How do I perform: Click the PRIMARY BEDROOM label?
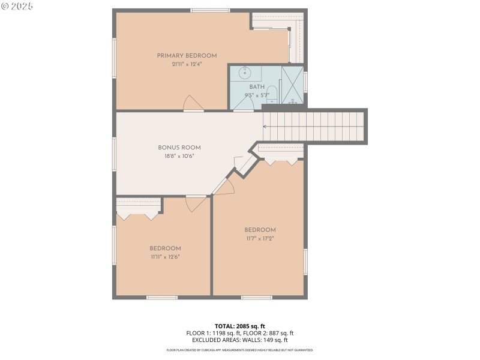pyautogui.click(x=187, y=56)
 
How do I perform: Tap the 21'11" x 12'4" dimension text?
pyautogui.click(x=187, y=64)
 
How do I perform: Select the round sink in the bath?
pyautogui.click(x=245, y=74)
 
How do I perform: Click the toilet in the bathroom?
pyautogui.click(x=271, y=94)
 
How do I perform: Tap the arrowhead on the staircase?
pyautogui.click(x=265, y=127)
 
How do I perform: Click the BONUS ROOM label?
pyautogui.click(x=179, y=148)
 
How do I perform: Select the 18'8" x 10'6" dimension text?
pyautogui.click(x=179, y=155)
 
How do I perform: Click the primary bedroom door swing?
pyautogui.click(x=193, y=104)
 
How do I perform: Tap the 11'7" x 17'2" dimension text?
pyautogui.click(x=260, y=238)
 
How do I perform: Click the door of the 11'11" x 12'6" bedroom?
pyautogui.click(x=196, y=203)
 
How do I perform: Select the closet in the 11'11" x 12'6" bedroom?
pyautogui.click(x=138, y=207)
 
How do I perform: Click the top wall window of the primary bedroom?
pyautogui.click(x=210, y=10)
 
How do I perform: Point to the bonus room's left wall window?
pyautogui.click(x=114, y=154)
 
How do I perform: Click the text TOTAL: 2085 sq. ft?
pyautogui.click(x=239, y=326)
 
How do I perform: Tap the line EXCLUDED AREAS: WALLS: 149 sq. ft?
pyautogui.click(x=239, y=340)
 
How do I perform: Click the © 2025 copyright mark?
pyautogui.click(x=17, y=6)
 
